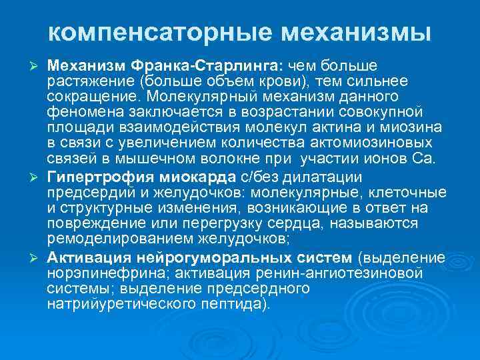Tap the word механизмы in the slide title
[x=355, y=32]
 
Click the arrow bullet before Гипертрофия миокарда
[x=38, y=177]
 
